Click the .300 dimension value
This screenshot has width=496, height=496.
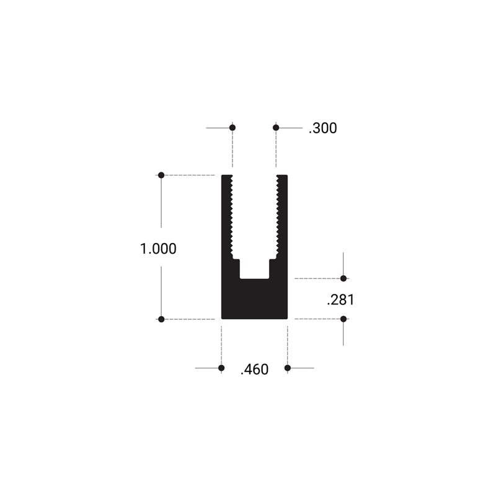(x=323, y=128)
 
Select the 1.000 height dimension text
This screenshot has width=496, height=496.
(x=159, y=249)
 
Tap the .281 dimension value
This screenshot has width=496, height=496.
(x=340, y=300)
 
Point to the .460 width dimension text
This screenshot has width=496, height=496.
(x=254, y=370)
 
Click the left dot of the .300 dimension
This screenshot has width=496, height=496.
(x=232, y=128)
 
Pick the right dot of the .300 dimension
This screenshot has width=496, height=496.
(x=276, y=128)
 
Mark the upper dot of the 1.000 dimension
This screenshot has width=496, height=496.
(x=161, y=175)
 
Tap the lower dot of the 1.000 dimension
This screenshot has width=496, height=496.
(x=161, y=319)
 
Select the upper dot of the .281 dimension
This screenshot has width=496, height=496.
(x=343, y=278)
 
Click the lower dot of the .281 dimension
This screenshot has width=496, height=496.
(x=343, y=319)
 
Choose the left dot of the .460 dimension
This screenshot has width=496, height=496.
(x=221, y=368)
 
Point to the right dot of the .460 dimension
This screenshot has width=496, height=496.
(x=288, y=368)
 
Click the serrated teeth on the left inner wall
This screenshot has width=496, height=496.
(x=231, y=217)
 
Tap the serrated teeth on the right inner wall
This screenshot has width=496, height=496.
(x=278, y=217)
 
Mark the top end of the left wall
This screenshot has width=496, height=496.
(x=226, y=177)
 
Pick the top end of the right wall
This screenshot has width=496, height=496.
(x=282, y=177)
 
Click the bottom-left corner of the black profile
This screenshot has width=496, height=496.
(x=223, y=318)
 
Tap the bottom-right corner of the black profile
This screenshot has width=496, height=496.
(x=286, y=318)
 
